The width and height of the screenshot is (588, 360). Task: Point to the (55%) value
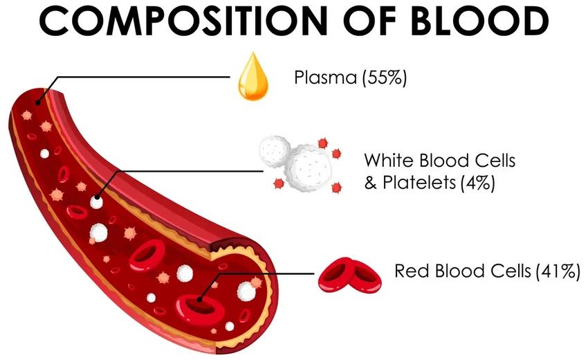pos(385,77)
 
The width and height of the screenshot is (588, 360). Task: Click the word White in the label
pos(388,161)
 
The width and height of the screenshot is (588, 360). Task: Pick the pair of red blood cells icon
pos(349,274)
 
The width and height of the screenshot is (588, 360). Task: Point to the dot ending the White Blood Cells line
pos(96,196)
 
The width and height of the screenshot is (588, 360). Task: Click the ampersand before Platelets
pos(370,183)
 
